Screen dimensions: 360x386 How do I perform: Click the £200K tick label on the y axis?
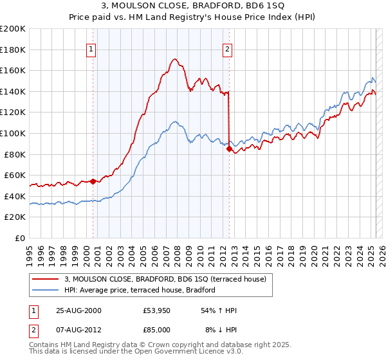coord(13,29)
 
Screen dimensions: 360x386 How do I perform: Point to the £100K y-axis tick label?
coord(13,133)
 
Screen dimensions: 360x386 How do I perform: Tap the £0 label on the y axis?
coord(21,238)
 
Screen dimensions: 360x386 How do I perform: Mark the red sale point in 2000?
coord(93,181)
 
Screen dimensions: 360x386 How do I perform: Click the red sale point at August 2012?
coord(229,149)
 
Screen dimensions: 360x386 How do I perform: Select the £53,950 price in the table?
coord(157,310)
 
